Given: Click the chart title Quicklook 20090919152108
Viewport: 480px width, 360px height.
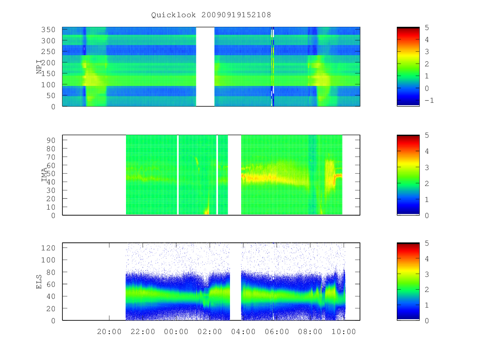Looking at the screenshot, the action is [211, 15].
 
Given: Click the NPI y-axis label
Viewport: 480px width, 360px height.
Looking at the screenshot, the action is [39, 67].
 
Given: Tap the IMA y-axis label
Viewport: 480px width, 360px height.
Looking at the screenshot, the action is [44, 175].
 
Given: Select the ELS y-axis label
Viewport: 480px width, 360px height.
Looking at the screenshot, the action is [39, 282].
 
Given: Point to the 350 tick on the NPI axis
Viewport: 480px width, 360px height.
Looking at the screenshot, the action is [48, 30].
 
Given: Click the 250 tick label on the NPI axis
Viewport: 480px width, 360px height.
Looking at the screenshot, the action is [48, 52].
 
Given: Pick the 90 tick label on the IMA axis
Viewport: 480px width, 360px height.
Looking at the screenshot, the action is [51, 140].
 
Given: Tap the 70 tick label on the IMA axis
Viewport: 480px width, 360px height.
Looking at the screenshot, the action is [51, 157].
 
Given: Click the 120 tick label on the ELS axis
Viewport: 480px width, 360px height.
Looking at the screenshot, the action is [48, 248].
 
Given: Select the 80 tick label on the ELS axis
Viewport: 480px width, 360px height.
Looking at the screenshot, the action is [51, 272].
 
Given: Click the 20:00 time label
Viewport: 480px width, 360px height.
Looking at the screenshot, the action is [109, 332].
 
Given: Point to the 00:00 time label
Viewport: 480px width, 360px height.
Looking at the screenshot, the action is [176, 332].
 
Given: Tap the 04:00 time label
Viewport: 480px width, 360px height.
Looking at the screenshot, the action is [243, 332].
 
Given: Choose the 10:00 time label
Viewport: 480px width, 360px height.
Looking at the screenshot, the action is [344, 332].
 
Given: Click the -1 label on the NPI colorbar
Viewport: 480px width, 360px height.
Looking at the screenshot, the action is [429, 100].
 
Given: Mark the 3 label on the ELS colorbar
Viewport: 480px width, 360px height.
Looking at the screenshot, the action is [427, 274].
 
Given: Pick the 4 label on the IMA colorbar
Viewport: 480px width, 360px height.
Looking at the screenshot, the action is [427, 151].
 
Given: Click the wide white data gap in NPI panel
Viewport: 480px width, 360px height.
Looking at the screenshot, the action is [205, 67].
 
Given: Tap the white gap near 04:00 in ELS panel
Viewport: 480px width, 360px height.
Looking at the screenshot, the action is [235, 282].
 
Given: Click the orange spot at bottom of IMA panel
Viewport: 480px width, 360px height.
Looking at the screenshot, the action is [206, 212].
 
